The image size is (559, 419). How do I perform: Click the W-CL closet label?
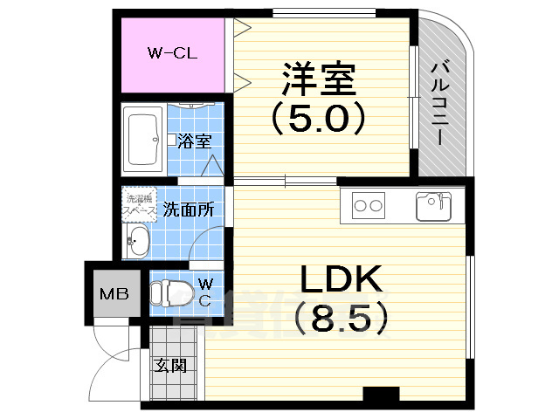[172, 53]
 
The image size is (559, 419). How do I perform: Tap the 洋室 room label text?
[318, 80]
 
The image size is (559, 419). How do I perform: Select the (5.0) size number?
[317, 119]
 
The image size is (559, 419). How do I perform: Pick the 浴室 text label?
[193, 141]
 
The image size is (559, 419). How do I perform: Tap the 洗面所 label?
[188, 209]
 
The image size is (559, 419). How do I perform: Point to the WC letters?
[204, 292]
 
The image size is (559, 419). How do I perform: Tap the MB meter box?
[114, 293]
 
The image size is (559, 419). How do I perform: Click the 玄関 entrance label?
[171, 365]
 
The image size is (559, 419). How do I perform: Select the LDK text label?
[341, 280]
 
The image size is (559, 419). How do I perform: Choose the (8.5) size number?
[341, 319]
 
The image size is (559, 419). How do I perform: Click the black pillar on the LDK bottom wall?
[380, 395]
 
